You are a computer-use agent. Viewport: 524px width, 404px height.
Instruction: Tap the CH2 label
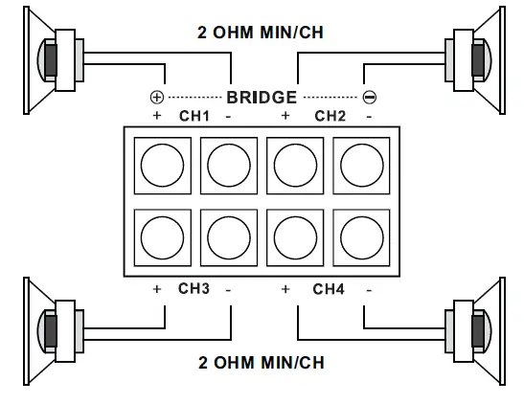pos(330,116)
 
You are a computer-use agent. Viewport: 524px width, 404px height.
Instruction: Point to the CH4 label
pos(329,288)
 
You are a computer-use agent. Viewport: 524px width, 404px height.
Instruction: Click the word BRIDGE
pos(261,97)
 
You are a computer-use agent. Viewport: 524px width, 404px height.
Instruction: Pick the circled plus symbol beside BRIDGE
pos(157,97)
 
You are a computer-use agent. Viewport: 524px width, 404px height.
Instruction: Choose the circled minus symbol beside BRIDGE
pos(369,97)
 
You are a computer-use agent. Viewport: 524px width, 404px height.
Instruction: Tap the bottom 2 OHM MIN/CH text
pos(261,363)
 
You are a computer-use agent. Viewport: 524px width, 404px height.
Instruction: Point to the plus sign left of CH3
pos(156,288)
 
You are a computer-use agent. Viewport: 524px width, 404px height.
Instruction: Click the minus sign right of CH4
pos(369,288)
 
